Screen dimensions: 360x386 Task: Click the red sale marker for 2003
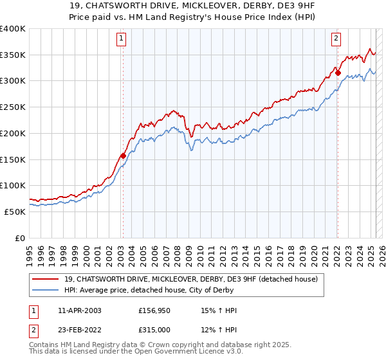[123, 156]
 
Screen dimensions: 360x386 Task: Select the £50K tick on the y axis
[15, 212]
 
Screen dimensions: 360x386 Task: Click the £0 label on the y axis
[21, 238]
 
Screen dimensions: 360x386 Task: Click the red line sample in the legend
[46, 279]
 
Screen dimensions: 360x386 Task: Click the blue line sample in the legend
[46, 290]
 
